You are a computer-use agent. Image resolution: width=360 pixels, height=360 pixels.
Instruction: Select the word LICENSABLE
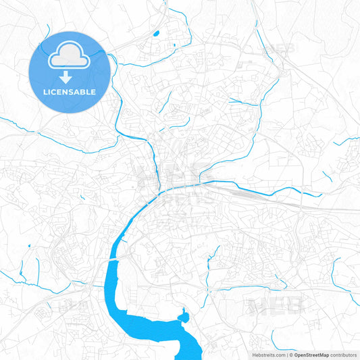(68, 91)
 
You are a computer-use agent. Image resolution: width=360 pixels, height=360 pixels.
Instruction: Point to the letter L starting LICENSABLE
(44, 91)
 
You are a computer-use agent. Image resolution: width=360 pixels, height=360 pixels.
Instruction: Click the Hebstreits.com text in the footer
(267, 355)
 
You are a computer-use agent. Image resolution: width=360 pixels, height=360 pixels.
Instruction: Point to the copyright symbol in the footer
(290, 355)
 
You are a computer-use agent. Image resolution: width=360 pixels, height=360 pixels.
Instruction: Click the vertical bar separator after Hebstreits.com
(286, 355)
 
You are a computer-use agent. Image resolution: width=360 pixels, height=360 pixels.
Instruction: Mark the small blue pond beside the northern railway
(157, 32)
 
